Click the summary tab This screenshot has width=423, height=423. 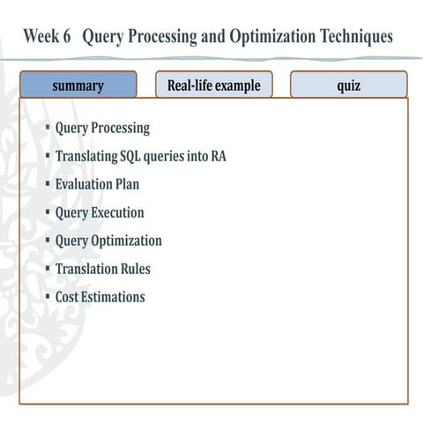tap(78, 85)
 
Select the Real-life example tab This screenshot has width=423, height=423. tap(214, 85)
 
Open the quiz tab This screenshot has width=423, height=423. tap(348, 85)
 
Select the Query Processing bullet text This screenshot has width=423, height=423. tap(102, 128)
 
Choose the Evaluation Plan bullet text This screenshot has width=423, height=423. tap(97, 184)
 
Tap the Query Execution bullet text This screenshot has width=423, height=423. tap(100, 212)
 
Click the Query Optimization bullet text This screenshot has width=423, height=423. tap(108, 241)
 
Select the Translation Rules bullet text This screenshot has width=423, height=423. tap(102, 269)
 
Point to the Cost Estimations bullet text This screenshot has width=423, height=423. tap(100, 297)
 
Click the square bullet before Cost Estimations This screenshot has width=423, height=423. tap(48, 297)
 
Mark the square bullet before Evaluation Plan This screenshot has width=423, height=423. tap(48, 184)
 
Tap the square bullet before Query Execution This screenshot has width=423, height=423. tap(48, 212)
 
